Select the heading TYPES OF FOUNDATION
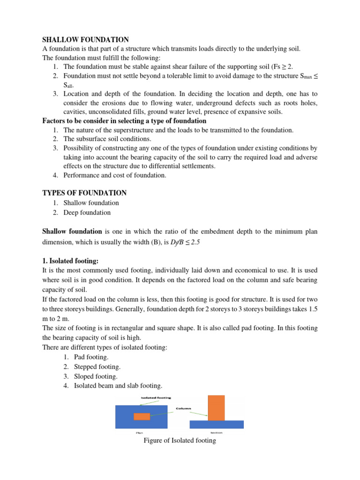[x=84, y=193]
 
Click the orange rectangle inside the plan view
[x=142, y=416]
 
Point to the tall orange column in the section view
[x=216, y=407]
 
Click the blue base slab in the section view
[x=216, y=424]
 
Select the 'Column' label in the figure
[x=183, y=408]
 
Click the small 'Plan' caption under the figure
[x=139, y=433]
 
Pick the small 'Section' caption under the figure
[x=217, y=433]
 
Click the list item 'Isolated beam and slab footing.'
[x=118, y=386]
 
